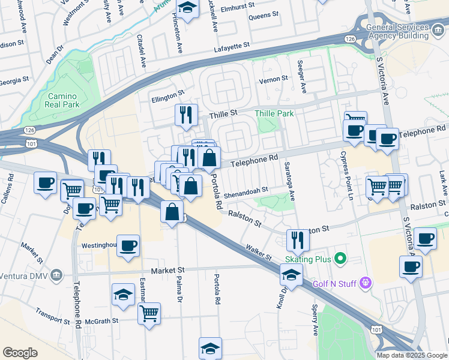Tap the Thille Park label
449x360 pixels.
pyautogui.click(x=274, y=113)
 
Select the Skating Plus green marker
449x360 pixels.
pyautogui.click(x=341, y=259)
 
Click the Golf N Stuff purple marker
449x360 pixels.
pyautogui.click(x=364, y=283)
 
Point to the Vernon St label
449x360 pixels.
pyautogui.click(x=273, y=79)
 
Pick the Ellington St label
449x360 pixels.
pyautogui.click(x=167, y=95)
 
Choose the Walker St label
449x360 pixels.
pyautogui.click(x=259, y=251)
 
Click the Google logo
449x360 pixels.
pyautogui.click(x=20, y=353)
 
